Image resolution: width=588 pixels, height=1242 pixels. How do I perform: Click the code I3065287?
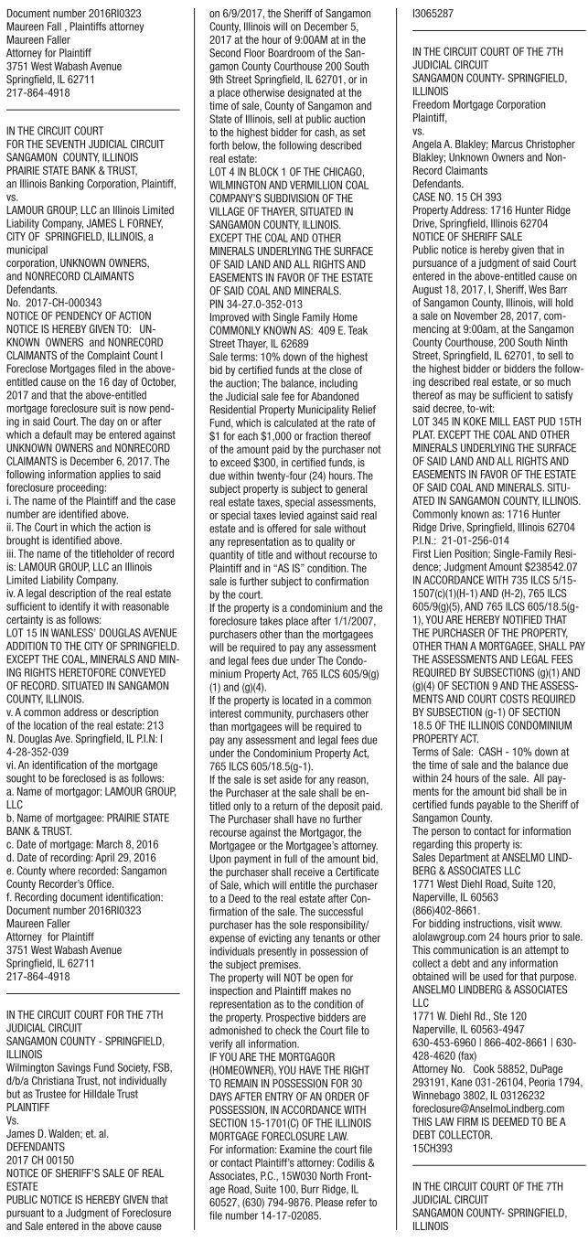(x=423, y=16)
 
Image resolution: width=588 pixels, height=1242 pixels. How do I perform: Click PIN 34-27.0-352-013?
(x=255, y=322)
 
